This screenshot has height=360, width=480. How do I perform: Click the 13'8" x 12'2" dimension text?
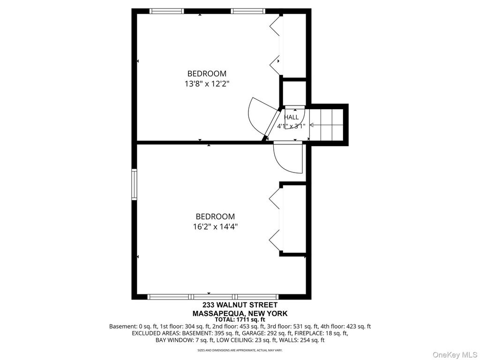tap(207, 83)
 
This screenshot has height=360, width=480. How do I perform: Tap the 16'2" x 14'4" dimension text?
tap(216, 226)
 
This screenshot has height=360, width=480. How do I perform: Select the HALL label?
tap(291, 117)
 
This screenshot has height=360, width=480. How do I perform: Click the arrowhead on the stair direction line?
tap(312, 125)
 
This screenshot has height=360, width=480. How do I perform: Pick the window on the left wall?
tap(134, 184)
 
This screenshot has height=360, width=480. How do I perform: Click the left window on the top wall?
tap(167, 11)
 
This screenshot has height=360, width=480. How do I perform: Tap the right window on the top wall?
tap(248, 11)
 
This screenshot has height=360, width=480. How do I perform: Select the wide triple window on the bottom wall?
tap(213, 297)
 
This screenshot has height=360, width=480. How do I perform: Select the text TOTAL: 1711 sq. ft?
tap(240, 320)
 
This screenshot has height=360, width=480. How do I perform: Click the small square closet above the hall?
tap(294, 93)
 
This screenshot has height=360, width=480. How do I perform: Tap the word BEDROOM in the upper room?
tap(207, 74)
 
